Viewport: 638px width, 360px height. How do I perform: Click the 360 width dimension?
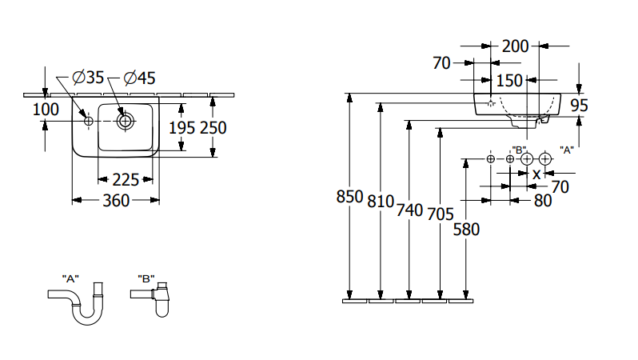click(117, 201)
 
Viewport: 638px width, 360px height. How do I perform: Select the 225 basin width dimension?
click(126, 179)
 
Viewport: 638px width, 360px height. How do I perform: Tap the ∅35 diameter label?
click(89, 78)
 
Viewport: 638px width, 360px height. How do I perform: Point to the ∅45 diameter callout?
click(140, 78)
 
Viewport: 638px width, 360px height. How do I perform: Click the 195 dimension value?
click(182, 126)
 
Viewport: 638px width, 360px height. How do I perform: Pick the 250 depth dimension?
click(213, 126)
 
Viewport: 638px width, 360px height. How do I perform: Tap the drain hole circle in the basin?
click(125, 121)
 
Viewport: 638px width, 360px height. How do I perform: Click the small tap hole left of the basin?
click(88, 121)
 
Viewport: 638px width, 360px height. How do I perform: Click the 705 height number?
click(439, 214)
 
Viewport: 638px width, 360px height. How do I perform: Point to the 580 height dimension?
click(466, 230)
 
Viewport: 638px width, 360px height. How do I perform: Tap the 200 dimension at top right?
click(515, 46)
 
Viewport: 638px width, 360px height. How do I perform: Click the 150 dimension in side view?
click(508, 80)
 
